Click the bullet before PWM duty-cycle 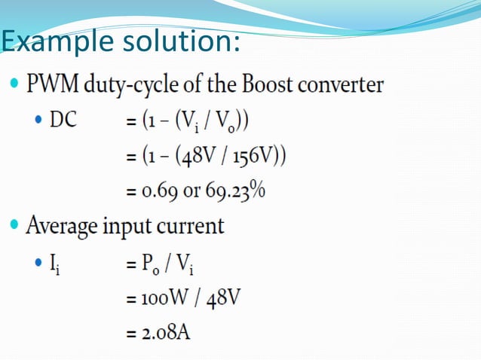click(x=14, y=80)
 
